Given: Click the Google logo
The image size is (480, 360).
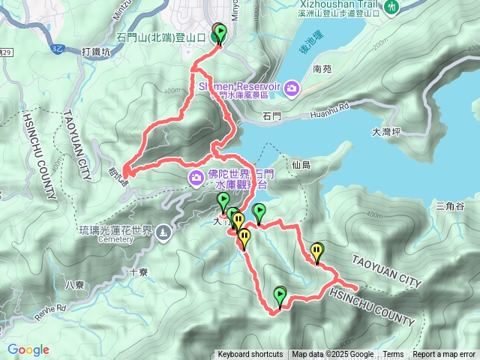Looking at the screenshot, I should click(28, 349).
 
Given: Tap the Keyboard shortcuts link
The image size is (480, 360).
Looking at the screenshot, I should click(250, 355).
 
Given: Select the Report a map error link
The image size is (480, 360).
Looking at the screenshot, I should click(444, 355).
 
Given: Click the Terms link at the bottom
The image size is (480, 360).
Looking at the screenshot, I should click(393, 355).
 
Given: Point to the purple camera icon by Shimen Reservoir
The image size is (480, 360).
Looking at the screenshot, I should click(292, 90).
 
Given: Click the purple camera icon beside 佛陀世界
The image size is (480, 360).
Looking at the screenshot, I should click(196, 178).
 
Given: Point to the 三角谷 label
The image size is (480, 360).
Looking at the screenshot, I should click(451, 206).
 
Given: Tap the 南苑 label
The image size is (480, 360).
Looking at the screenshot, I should click(322, 69).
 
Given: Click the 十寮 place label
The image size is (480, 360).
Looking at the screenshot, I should click(136, 273).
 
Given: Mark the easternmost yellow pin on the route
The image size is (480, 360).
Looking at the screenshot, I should click(318, 251).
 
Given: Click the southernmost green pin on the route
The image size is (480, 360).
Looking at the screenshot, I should click(280, 295).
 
